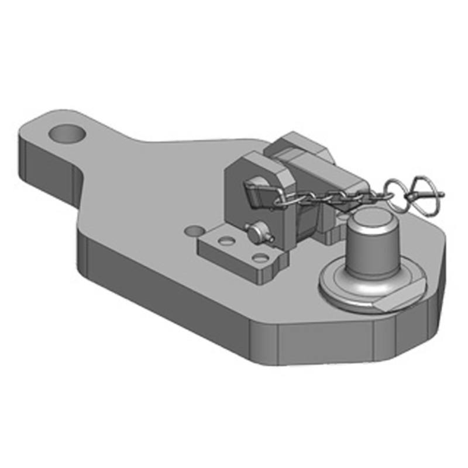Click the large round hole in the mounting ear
(68, 134)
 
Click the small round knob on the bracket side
(256, 234)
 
